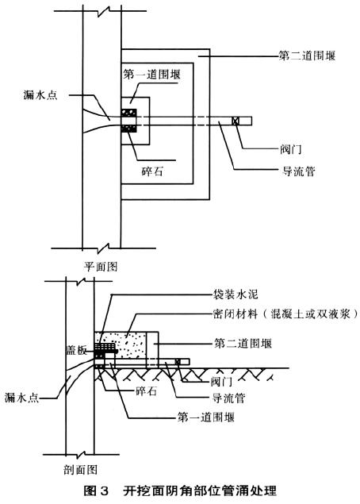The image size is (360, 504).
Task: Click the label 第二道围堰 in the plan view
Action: (x=307, y=56)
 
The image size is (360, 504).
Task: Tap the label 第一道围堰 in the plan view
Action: (x=151, y=75)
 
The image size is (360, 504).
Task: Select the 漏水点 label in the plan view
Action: (x=40, y=94)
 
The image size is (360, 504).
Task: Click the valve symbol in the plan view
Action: (x=236, y=121)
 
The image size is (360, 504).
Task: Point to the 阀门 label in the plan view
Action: (x=291, y=149)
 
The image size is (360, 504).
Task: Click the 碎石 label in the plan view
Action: (x=152, y=171)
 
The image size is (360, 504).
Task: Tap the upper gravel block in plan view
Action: (x=128, y=113)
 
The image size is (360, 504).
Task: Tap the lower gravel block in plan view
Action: (x=128, y=129)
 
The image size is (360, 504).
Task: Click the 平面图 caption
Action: (x=101, y=266)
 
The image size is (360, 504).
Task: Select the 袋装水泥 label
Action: (x=236, y=294)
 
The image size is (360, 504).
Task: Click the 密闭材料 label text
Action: (x=236, y=314)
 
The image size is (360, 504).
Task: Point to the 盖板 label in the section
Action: (x=76, y=350)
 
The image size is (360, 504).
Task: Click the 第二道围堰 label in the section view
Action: (x=243, y=344)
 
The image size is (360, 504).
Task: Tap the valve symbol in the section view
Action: (x=178, y=362)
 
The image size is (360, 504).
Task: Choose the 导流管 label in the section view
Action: (x=228, y=398)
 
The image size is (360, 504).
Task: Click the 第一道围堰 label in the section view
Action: (x=206, y=417)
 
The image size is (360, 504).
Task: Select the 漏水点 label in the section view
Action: (x=21, y=398)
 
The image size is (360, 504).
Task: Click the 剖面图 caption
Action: (x=80, y=470)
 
